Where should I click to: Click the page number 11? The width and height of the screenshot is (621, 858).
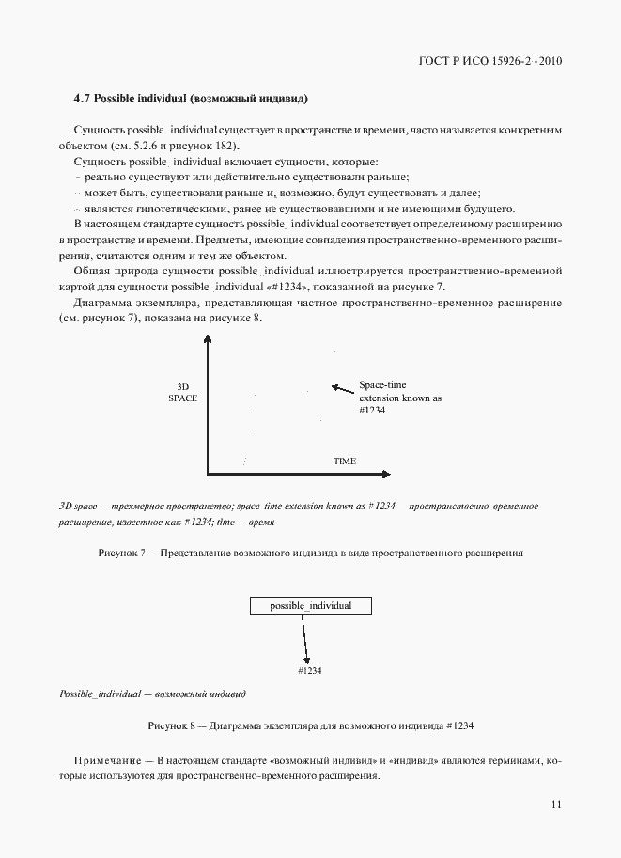point(555,803)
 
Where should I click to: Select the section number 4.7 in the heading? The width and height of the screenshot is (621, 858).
point(82,99)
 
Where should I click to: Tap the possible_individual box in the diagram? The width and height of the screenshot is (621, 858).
point(310,606)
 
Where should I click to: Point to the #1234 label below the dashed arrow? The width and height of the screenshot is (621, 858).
point(309,670)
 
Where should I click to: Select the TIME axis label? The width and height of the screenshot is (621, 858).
point(345,461)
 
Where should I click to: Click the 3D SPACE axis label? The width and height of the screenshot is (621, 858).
point(182,393)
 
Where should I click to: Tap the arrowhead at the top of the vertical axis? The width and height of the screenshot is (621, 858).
point(206,345)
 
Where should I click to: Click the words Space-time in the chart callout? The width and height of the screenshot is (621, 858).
point(381,385)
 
